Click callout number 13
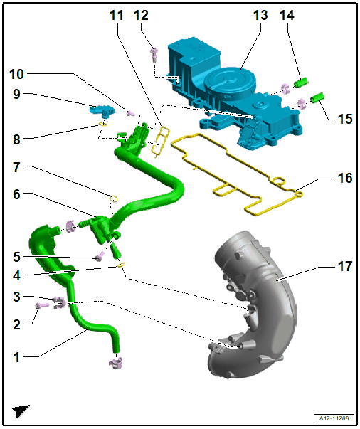[x=260, y=16]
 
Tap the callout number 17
[x=345, y=266]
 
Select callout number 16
[x=345, y=178]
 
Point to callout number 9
[x=16, y=94]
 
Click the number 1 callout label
[x=16, y=357]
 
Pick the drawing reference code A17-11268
[x=334, y=418]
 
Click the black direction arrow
[x=20, y=411]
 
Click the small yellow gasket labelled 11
[x=161, y=142]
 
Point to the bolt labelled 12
[x=154, y=55]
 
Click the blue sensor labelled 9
[x=102, y=110]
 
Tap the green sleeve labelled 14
[x=301, y=83]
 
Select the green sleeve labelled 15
[x=317, y=97]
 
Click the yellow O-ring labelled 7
[x=114, y=198]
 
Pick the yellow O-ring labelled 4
[x=122, y=265]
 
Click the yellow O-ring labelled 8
[x=102, y=125]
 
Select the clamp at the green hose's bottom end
[x=116, y=363]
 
